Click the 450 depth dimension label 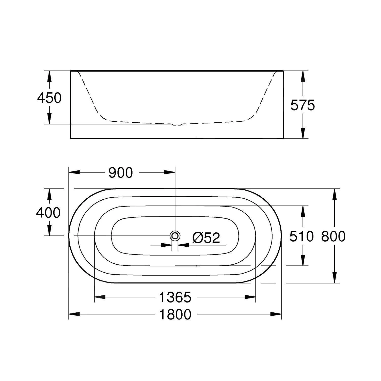[49, 98]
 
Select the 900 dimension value [121, 173]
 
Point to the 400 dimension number [48, 213]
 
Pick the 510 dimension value [302, 236]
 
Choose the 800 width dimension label [333, 236]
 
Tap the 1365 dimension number [175, 297]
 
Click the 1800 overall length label [175, 314]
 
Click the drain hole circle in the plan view [175, 236]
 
